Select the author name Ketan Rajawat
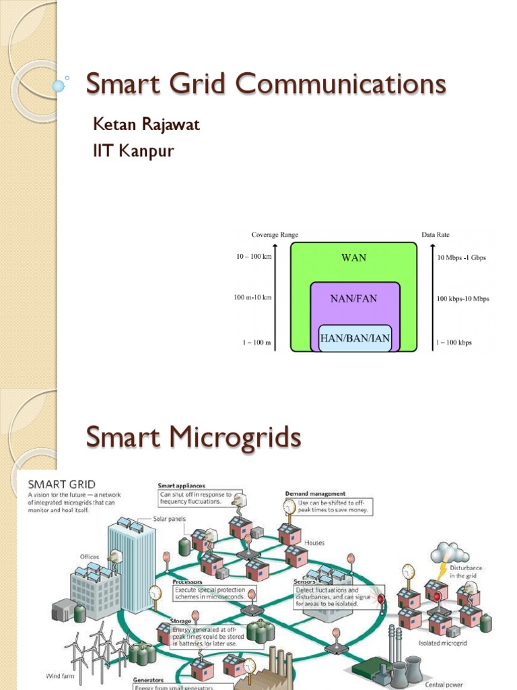146,125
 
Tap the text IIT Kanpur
133,151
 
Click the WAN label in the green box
353,258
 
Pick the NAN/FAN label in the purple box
353,299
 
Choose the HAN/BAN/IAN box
355,338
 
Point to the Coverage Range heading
275,234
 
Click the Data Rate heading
436,234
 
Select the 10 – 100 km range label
254,257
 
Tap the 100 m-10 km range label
252,298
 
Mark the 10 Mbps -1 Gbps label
461,257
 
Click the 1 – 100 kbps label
454,342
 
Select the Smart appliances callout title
181,485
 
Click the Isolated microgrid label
442,643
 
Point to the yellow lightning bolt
442,569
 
